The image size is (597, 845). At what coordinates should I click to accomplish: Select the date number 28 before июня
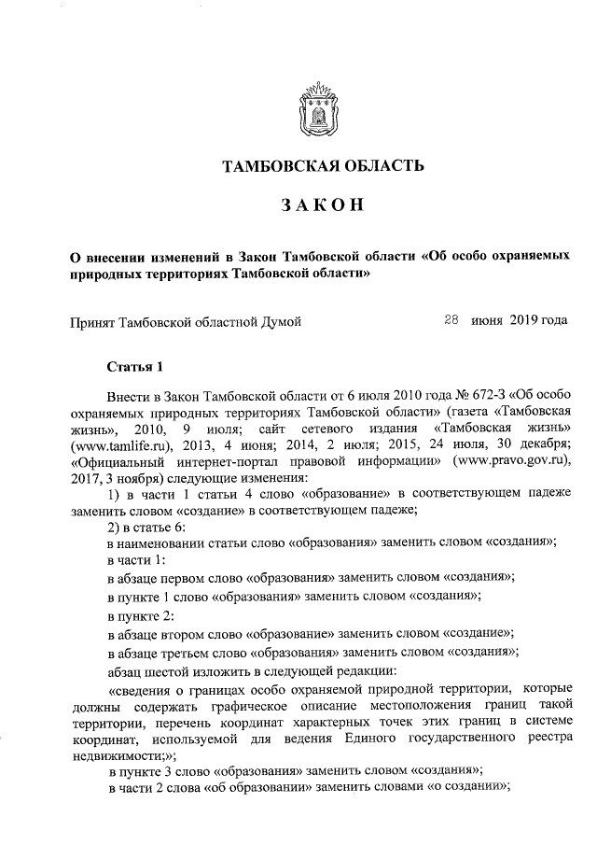point(451,320)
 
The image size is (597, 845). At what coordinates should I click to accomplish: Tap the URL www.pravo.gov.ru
point(513,460)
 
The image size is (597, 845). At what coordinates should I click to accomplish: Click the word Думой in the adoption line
point(277,321)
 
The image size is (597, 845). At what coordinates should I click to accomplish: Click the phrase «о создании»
point(465,790)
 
